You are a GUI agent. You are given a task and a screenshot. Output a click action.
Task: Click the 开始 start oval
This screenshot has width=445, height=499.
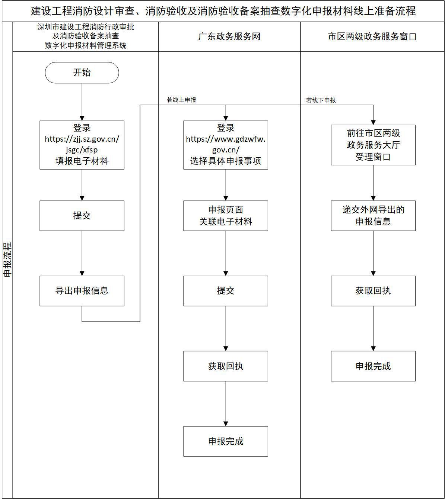(82, 73)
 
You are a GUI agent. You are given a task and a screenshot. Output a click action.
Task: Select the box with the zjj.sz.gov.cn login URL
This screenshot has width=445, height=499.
(82, 145)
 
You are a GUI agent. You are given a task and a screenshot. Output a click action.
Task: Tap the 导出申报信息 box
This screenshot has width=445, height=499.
(82, 291)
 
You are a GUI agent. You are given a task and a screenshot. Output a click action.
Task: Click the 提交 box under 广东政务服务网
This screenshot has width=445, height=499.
(225, 291)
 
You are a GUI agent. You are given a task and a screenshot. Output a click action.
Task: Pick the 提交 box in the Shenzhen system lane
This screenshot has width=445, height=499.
(82, 216)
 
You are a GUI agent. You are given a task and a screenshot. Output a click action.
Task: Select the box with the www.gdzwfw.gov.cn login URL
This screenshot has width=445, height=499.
(225, 145)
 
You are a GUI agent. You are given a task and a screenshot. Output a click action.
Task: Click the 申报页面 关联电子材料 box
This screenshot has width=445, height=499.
(225, 216)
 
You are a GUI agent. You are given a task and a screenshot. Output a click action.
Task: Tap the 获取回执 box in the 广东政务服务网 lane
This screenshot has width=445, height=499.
(225, 366)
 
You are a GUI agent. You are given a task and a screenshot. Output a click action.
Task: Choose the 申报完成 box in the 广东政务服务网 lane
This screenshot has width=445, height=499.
(225, 441)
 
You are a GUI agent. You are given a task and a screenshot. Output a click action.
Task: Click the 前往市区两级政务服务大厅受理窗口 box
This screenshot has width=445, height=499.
(373, 145)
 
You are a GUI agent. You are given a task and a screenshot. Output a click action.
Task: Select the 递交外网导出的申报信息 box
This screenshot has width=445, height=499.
(373, 216)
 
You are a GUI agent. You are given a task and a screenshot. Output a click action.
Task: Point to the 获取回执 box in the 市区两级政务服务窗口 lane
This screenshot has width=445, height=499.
(373, 291)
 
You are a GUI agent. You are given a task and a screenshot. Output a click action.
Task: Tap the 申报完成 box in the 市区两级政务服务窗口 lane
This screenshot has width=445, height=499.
(373, 366)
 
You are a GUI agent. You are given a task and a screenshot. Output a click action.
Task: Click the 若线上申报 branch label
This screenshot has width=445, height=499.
(181, 100)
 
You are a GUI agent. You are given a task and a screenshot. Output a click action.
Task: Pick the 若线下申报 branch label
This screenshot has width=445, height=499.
(321, 100)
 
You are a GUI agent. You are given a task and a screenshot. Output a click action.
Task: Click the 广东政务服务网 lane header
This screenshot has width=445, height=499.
(229, 36)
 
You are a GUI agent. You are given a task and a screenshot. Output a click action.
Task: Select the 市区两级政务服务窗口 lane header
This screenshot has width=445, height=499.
(372, 36)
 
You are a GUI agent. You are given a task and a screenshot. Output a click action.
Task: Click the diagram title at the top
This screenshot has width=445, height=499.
(223, 11)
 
